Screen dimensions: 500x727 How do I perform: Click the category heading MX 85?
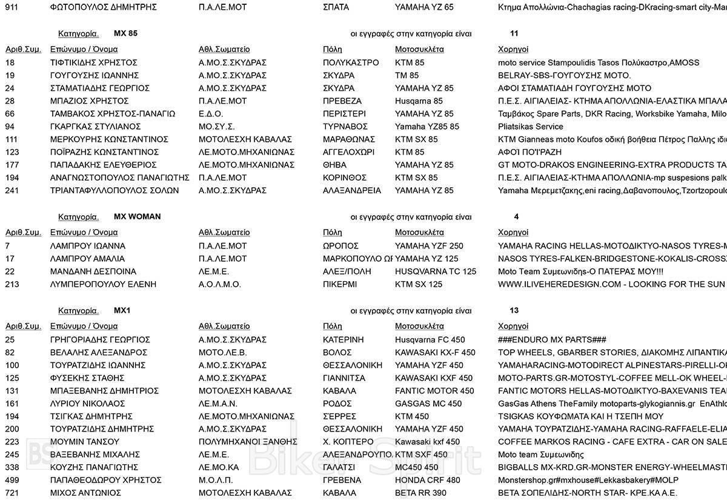125,33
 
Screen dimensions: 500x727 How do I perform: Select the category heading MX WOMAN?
137,216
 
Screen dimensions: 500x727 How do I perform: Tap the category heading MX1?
122,310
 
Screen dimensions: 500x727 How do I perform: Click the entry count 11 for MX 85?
514,33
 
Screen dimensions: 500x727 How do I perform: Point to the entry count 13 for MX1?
514,310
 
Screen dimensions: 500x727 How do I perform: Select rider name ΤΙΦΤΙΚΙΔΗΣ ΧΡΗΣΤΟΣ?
93,62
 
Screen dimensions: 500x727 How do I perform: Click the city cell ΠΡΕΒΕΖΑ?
342,101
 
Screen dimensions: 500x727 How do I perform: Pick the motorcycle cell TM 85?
407,76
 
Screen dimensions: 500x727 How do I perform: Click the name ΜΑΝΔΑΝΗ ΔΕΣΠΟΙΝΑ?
93,272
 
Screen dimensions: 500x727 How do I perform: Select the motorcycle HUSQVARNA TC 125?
436,272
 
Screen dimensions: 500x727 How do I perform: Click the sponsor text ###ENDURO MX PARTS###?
552,340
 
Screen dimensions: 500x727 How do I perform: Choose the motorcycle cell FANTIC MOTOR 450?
434,391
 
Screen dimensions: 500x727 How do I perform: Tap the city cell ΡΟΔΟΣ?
337,404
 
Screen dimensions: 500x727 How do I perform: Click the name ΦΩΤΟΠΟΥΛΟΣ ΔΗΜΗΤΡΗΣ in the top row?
103,7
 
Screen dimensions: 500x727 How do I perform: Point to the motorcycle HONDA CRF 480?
428,480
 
